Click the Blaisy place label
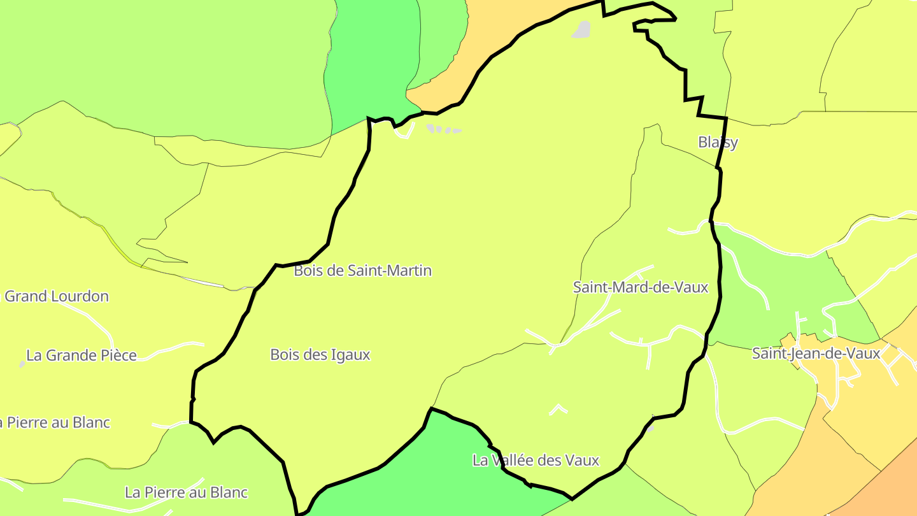tap(718, 142)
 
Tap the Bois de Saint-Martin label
tap(362, 271)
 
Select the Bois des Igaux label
tap(320, 355)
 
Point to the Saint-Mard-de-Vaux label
tap(641, 287)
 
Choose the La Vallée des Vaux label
tap(536, 460)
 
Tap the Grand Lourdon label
tap(57, 296)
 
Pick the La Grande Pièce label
tap(82, 355)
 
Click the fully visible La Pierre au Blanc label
tap(186, 492)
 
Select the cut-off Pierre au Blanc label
tap(55, 422)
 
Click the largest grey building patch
tap(581, 29)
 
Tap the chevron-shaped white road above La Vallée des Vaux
tap(558, 408)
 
